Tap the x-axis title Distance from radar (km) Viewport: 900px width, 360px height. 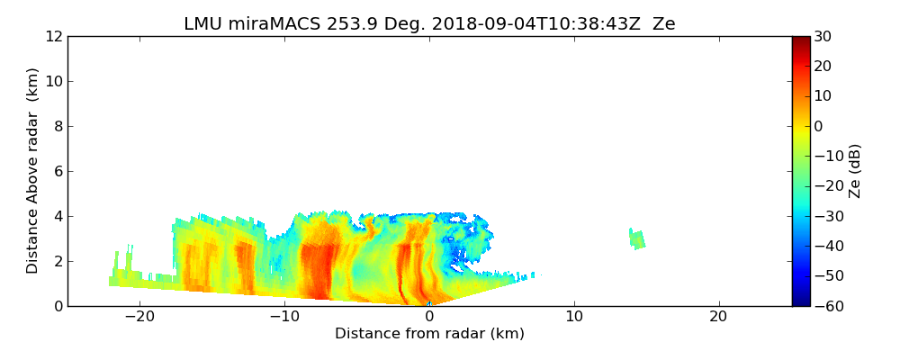pyautogui.click(x=429, y=334)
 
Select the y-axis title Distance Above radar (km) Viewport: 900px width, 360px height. pyautogui.click(x=33, y=170)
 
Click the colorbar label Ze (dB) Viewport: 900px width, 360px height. pyautogui.click(x=855, y=170)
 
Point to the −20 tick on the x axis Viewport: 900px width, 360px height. pyautogui.click(x=139, y=317)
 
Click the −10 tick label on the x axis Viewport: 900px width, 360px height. pyautogui.click(x=284, y=317)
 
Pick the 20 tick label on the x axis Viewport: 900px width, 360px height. pyautogui.click(x=718, y=317)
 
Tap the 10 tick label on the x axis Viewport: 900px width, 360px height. pyautogui.click(x=573, y=317)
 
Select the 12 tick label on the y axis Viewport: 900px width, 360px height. pyautogui.click(x=53, y=37)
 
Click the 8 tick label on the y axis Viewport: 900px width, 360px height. pyautogui.click(x=57, y=127)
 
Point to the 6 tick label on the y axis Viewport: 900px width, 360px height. pyautogui.click(x=57, y=172)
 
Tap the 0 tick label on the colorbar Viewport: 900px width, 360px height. pyautogui.click(x=819, y=126)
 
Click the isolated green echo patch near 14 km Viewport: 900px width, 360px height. pyautogui.click(x=637, y=239)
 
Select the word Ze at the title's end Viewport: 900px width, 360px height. pyautogui.click(x=663, y=24)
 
